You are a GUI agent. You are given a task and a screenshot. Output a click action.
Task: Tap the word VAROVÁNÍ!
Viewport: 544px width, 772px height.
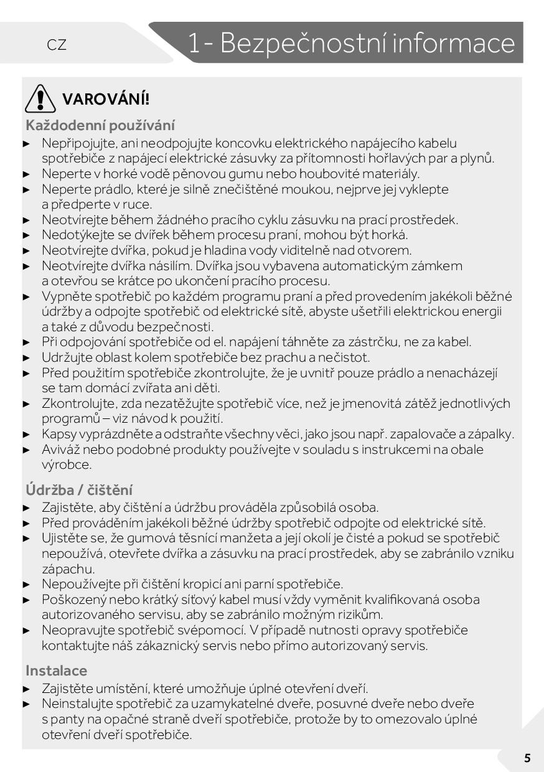tap(106, 99)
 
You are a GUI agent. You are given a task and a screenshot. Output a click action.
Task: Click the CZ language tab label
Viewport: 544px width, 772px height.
tap(57, 45)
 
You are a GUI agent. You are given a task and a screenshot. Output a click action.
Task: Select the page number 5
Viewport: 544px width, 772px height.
tap(527, 758)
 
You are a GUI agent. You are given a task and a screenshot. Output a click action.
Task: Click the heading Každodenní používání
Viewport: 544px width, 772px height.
tap(100, 125)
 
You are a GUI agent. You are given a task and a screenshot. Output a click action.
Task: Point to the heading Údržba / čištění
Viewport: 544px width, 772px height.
tap(79, 490)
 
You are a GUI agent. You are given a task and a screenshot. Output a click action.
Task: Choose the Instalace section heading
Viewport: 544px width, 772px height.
tap(57, 671)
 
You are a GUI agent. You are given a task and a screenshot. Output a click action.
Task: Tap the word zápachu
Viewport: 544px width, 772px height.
tap(68, 569)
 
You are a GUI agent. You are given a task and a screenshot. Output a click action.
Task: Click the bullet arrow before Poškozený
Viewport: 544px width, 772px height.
tap(26, 600)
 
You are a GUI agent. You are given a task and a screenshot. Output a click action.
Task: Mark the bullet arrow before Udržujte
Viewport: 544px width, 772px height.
tap(26, 357)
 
